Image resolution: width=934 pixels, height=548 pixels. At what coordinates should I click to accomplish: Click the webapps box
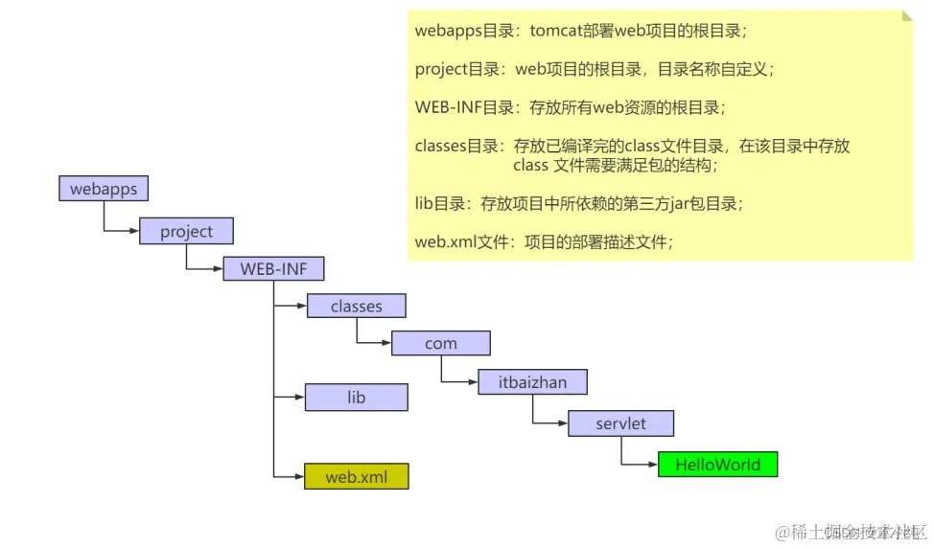104,189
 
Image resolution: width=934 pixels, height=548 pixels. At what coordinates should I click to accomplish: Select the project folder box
186,232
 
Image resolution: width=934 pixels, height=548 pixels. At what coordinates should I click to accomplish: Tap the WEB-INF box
273,269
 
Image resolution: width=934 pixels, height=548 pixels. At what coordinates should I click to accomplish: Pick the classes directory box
356,307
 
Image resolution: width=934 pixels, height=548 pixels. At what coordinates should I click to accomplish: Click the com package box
440,344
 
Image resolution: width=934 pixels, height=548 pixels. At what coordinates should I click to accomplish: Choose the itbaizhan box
532,382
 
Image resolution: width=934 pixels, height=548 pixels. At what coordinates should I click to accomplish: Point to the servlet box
620,423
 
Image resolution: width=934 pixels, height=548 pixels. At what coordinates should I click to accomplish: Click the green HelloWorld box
717,466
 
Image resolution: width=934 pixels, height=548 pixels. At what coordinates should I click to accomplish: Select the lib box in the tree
356,398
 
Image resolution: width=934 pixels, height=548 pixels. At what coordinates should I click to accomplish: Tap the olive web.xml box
356,476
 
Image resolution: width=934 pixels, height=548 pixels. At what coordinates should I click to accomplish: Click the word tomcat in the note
555,31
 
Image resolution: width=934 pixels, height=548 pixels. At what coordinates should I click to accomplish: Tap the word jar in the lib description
654,203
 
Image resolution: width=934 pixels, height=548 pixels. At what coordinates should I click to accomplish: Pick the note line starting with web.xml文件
544,241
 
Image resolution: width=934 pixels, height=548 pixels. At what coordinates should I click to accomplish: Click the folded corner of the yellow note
906,17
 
